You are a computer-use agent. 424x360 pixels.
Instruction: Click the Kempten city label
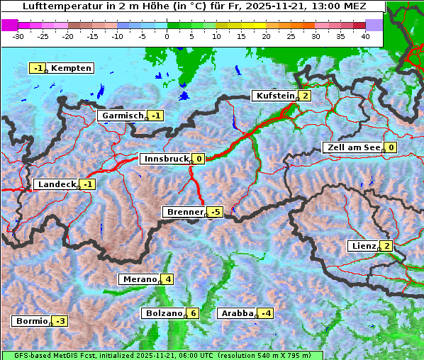(72, 68)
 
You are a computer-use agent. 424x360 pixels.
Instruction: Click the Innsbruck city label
(165, 159)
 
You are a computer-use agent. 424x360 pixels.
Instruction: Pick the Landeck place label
(56, 184)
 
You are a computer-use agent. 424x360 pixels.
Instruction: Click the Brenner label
(184, 212)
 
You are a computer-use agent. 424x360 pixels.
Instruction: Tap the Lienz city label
(363, 246)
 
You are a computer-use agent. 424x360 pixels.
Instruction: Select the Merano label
(139, 279)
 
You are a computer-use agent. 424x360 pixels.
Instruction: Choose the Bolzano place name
(163, 313)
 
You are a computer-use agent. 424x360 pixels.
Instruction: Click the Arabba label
(237, 313)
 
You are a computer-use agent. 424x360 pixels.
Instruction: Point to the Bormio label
(31, 321)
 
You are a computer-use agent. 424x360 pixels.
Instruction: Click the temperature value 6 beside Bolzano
(194, 313)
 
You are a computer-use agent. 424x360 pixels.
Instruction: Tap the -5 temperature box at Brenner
(216, 212)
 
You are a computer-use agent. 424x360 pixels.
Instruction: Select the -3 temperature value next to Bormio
(60, 321)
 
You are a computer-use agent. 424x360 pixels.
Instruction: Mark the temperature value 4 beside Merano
(167, 279)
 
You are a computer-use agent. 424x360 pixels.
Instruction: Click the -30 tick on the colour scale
(18, 35)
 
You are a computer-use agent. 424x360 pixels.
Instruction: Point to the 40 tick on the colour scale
(365, 35)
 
